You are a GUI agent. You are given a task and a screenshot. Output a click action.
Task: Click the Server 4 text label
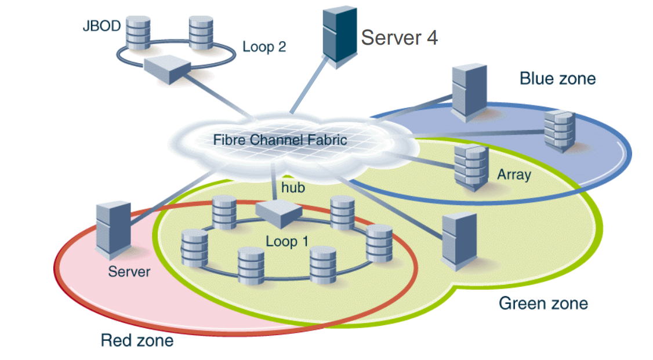tap(399, 38)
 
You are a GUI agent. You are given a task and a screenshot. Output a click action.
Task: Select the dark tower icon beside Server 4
tap(339, 36)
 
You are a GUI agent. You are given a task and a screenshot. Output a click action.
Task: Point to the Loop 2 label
tap(264, 47)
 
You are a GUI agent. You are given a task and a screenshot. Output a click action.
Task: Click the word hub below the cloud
tap(293, 188)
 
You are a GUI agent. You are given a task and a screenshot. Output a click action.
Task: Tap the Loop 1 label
tap(287, 241)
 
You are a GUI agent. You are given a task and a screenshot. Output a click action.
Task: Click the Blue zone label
tap(557, 78)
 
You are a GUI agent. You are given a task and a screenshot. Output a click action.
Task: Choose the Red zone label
tap(137, 340)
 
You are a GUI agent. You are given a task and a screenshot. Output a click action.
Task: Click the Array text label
tap(514, 174)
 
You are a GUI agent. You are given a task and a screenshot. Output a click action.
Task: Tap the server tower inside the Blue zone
tap(468, 93)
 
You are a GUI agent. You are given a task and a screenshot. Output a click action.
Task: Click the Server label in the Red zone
tap(129, 271)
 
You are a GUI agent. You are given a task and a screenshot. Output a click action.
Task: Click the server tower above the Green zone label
tap(459, 241)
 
